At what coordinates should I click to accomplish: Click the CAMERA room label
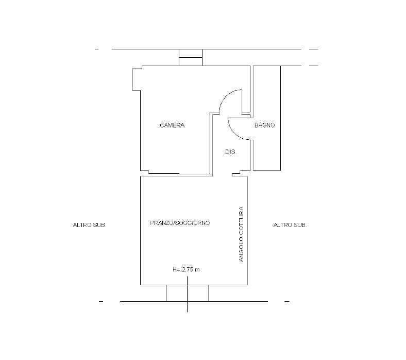pos(172,125)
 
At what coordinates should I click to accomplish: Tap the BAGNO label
pos(265,125)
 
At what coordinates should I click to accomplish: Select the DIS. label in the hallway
pos(231,152)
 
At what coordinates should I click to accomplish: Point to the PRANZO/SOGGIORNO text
pos(180,223)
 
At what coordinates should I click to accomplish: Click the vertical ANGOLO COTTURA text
pos(241,234)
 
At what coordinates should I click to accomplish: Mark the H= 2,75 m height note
pos(186,270)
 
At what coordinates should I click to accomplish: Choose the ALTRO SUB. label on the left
pos(90,225)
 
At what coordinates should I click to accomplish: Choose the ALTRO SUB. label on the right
pos(290,225)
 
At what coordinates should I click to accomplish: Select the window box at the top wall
pos(191,57)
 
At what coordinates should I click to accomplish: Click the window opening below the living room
pos(188,293)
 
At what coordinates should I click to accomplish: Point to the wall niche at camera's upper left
pos(137,79)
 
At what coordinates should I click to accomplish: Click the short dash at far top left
pos(97,49)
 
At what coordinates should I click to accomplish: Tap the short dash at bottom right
pos(287,301)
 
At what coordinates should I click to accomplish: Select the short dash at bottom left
pos(101,301)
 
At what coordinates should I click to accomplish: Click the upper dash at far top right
pos(314,49)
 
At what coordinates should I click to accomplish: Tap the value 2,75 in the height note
pos(187,270)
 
